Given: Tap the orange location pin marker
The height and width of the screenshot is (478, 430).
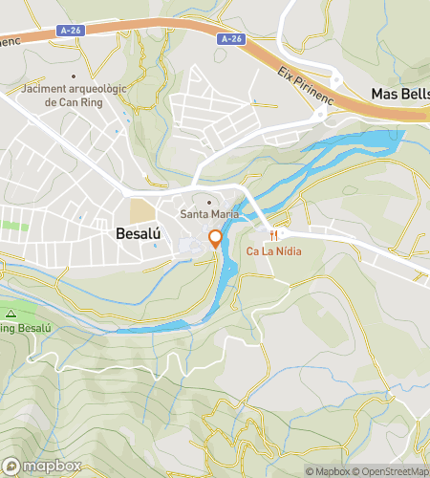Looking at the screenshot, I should point(216,238).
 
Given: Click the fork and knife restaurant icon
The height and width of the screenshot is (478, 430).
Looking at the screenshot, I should point(272,235).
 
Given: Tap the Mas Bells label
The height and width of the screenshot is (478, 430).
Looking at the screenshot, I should point(399,94).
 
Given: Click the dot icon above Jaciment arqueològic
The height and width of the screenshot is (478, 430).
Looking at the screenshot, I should point(73,76).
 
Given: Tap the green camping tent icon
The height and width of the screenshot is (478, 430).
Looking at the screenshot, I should point(11,314).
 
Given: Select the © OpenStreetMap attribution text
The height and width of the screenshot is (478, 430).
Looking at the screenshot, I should point(392,471).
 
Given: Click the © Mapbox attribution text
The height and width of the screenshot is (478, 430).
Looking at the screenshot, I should point(328,471).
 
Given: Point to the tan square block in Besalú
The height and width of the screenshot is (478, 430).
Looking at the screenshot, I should point(141,208).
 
